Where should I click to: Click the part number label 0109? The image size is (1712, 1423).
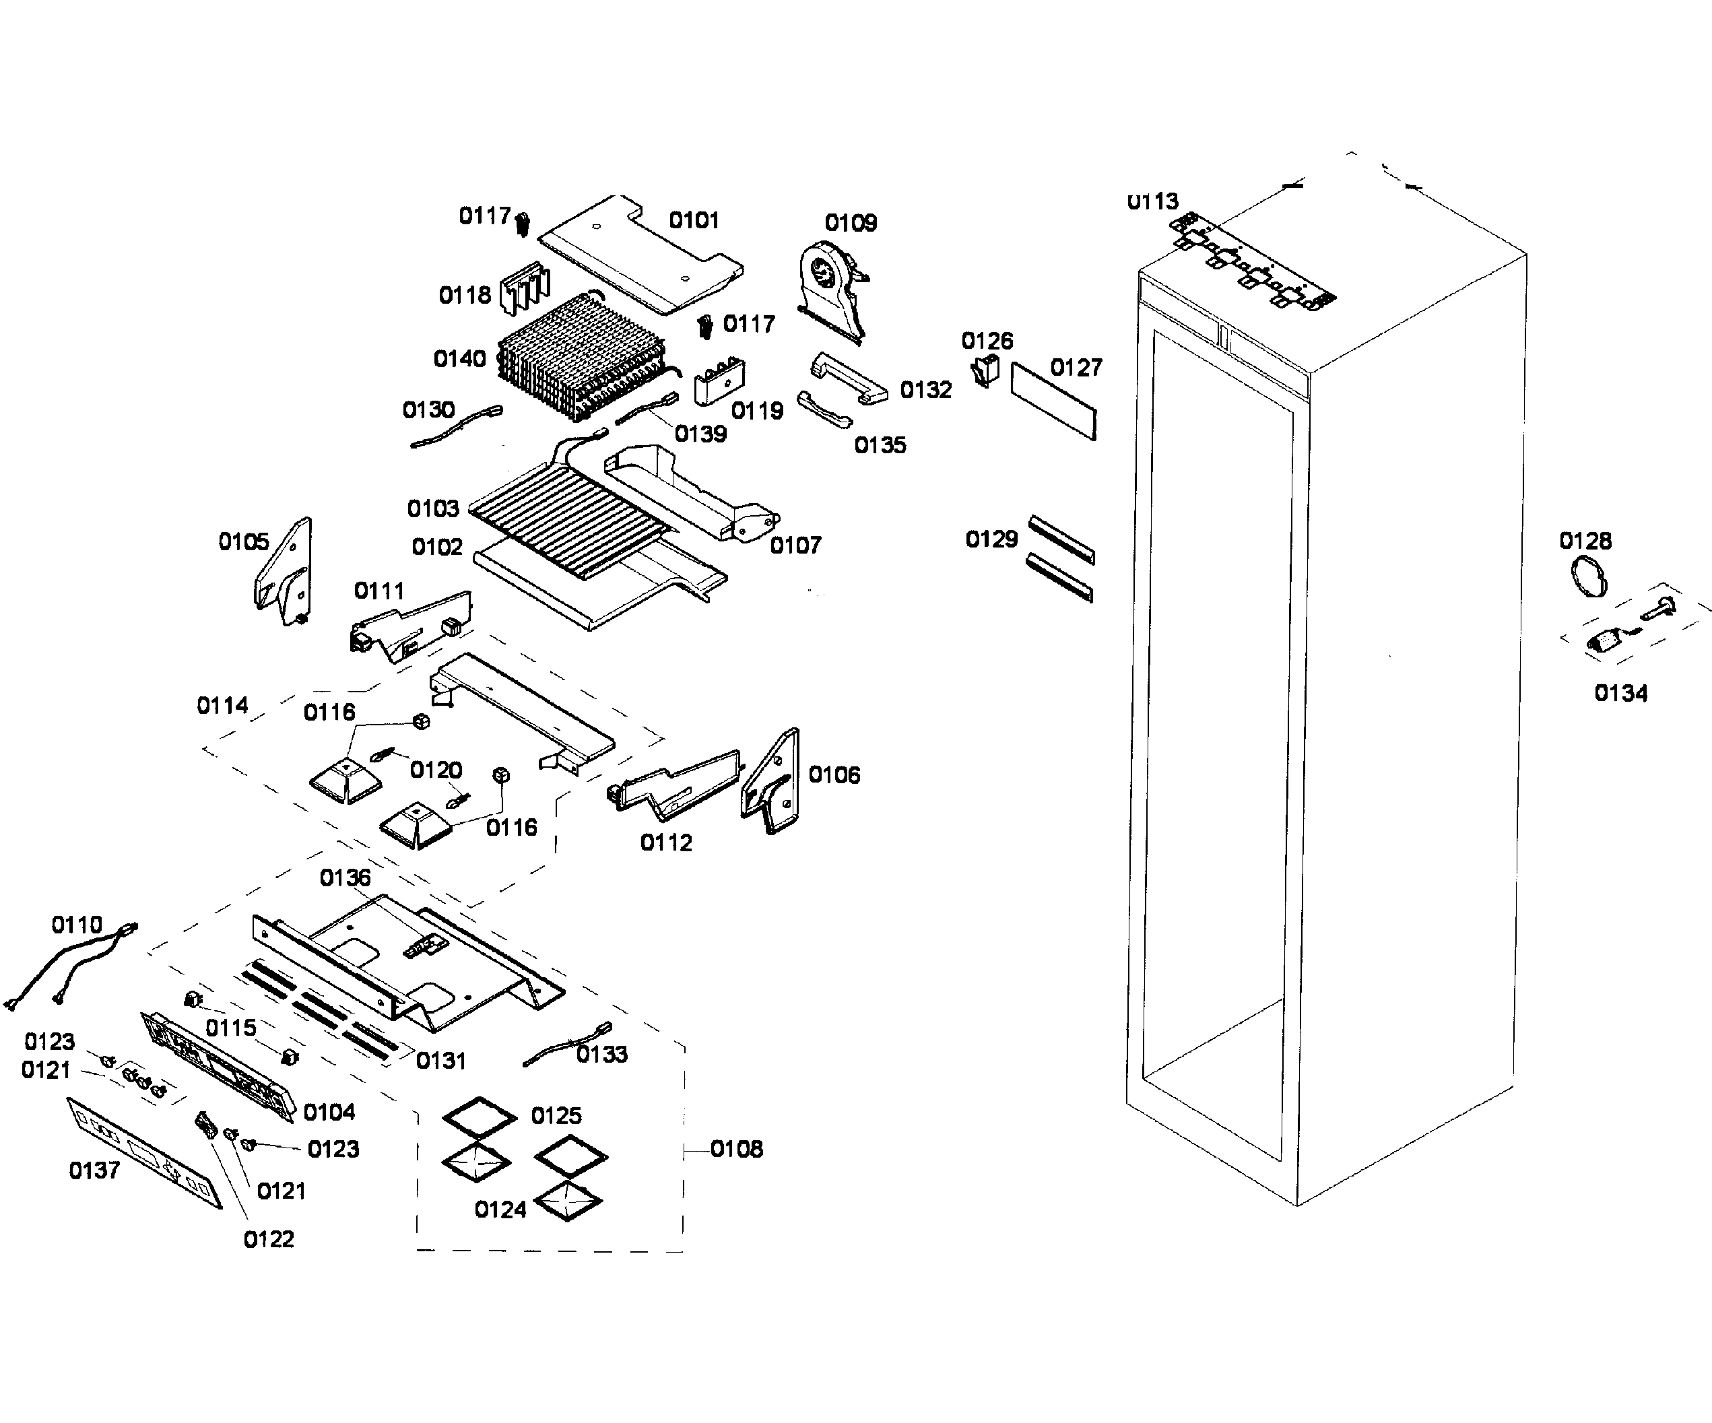[x=851, y=222]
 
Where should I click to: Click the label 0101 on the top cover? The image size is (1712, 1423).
[x=694, y=220]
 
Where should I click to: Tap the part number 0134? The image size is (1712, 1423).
[x=1620, y=693]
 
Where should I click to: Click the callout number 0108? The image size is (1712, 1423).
[x=736, y=1149]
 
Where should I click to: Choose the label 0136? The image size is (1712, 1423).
[x=345, y=878]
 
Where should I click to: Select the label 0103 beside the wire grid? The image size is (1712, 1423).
[x=433, y=508]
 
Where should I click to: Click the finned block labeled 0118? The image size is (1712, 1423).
[x=523, y=288]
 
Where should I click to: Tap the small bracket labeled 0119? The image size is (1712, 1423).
[x=719, y=381]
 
